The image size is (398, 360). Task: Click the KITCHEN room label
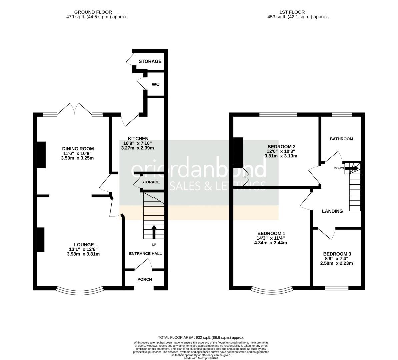click(x=138, y=139)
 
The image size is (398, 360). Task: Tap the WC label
click(x=155, y=84)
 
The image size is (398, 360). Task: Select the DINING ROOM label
click(x=78, y=149)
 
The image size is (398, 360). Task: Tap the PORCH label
click(x=145, y=279)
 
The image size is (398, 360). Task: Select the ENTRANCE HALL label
click(x=145, y=253)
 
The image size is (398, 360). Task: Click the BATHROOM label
click(x=341, y=139)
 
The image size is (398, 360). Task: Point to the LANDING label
click(x=332, y=211)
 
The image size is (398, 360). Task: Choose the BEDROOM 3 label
click(x=337, y=254)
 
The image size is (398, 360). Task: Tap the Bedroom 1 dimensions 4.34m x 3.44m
click(x=270, y=243)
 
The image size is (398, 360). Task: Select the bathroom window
click(x=342, y=115)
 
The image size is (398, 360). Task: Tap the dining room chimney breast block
click(x=41, y=154)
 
